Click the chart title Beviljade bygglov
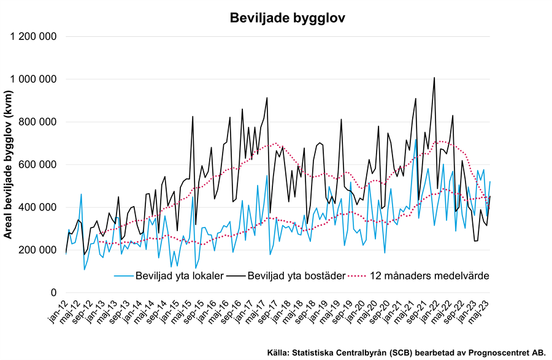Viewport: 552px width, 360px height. click(287, 18)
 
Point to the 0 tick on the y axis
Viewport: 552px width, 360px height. click(54, 293)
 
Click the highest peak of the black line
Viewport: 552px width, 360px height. click(434, 78)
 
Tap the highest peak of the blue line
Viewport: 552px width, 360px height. click(416, 140)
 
